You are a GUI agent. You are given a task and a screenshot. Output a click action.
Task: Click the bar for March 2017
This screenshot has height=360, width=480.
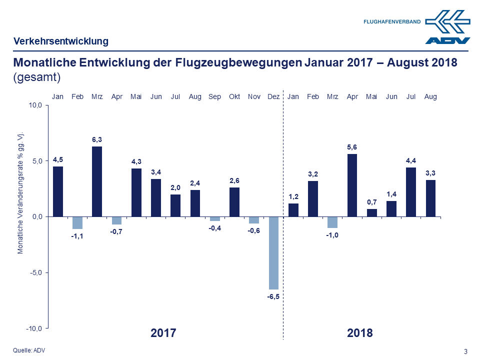[x=97, y=181]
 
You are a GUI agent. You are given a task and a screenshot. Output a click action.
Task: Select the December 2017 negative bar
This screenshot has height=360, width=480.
[x=273, y=252]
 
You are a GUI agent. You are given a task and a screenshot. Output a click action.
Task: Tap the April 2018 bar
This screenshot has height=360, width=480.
[x=352, y=185]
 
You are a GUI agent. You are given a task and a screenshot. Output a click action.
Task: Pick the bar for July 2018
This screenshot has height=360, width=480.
[x=411, y=191]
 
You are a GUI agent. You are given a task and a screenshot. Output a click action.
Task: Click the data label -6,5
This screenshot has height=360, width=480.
[x=273, y=296]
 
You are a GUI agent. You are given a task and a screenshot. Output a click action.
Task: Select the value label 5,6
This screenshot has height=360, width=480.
[x=352, y=146]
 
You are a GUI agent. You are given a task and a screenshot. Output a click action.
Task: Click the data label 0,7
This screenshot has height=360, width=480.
[x=371, y=201]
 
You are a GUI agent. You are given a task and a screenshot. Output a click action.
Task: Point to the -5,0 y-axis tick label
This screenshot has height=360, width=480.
[x=37, y=272]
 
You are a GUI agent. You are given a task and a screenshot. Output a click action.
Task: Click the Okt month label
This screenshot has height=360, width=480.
[x=234, y=96]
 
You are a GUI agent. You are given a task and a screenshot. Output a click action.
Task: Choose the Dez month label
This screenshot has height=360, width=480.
[x=273, y=96]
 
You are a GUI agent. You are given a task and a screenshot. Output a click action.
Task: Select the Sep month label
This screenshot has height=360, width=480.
[x=215, y=96]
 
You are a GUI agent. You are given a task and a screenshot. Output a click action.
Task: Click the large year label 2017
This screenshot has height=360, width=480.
[x=163, y=332]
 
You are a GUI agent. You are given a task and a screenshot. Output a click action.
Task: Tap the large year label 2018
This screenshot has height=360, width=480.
[x=359, y=332]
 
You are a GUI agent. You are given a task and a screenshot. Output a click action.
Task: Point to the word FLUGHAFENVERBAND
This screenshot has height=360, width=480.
[x=392, y=22]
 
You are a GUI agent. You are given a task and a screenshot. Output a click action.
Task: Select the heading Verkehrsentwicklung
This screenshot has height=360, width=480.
[x=61, y=41]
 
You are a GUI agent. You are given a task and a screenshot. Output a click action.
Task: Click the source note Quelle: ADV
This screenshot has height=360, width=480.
[x=28, y=350]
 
